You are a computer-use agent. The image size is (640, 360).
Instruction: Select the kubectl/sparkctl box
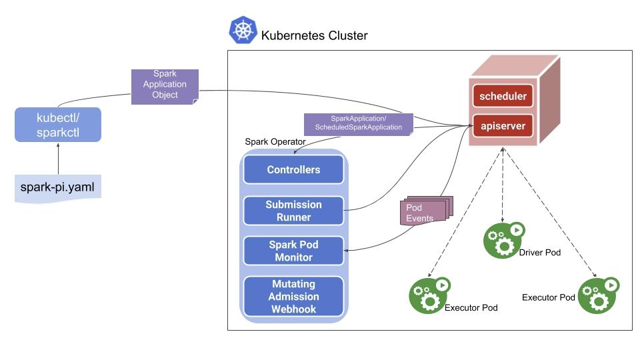(x=58, y=125)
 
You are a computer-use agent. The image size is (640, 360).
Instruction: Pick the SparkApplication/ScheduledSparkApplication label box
(x=358, y=123)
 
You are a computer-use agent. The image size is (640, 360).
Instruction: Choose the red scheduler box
(x=504, y=96)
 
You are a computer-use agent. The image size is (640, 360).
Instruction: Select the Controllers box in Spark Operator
(x=293, y=170)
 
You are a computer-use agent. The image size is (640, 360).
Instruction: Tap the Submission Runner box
(x=293, y=211)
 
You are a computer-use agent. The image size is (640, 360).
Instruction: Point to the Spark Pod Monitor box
(x=293, y=251)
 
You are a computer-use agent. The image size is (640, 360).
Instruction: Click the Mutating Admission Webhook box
(x=293, y=297)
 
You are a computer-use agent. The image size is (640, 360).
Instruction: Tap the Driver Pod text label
(x=540, y=253)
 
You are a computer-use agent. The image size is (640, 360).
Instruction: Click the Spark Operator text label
(x=275, y=142)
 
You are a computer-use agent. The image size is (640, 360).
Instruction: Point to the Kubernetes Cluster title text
(x=314, y=35)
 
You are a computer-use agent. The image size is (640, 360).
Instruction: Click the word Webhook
(x=293, y=309)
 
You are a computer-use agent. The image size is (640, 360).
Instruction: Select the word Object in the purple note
(x=165, y=95)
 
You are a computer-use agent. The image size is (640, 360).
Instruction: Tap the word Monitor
(x=293, y=257)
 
